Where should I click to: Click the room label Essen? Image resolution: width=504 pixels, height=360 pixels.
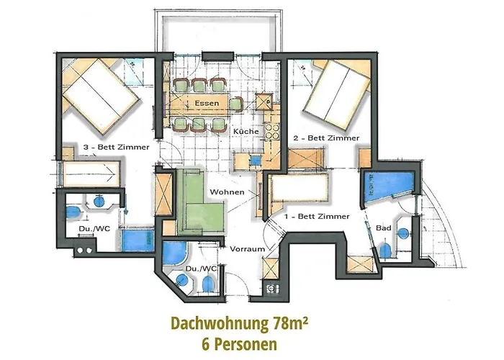(x=206, y=104)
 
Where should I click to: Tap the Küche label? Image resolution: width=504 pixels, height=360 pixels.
(x=246, y=132)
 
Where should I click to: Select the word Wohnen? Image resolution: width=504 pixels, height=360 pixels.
(x=225, y=192)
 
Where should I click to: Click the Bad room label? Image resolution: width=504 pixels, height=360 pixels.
(x=384, y=228)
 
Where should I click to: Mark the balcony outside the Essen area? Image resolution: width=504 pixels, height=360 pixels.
(x=215, y=31)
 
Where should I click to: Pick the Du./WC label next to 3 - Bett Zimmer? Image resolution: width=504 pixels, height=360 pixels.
(x=93, y=230)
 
